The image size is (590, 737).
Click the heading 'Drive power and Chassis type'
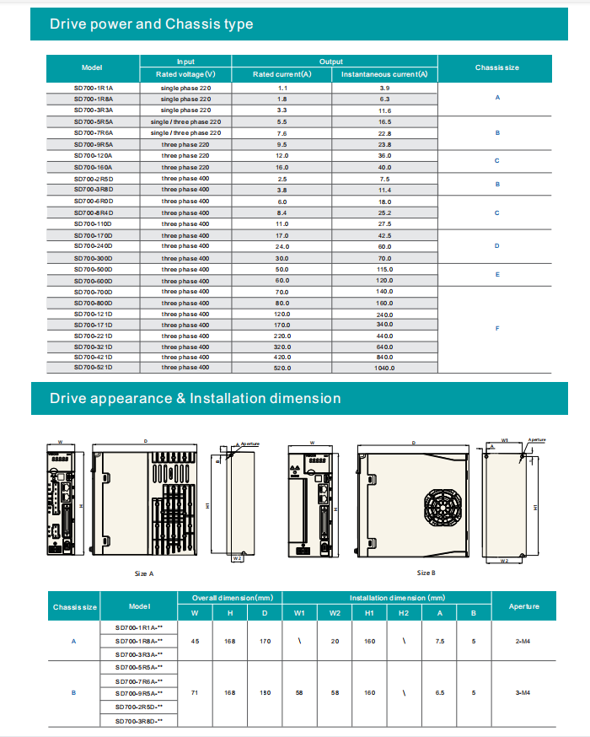tap(151, 24)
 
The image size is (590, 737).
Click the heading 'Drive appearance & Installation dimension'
tap(195, 398)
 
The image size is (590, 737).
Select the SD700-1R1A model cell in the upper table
tap(93, 88)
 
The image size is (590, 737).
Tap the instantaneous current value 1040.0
tap(384, 368)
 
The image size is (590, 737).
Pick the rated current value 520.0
tap(282, 368)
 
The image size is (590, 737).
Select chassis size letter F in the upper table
tap(497, 329)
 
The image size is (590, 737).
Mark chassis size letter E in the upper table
tap(497, 275)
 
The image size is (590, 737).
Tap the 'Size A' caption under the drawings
tap(144, 573)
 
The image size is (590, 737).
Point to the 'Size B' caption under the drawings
tap(426, 573)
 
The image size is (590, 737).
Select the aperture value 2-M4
tap(523, 642)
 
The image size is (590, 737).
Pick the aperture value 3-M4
tap(523, 692)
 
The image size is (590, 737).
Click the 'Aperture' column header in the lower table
tap(523, 605)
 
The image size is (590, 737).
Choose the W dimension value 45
tap(196, 642)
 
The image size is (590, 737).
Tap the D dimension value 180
tap(265, 692)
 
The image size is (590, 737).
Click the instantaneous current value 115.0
tap(384, 269)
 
